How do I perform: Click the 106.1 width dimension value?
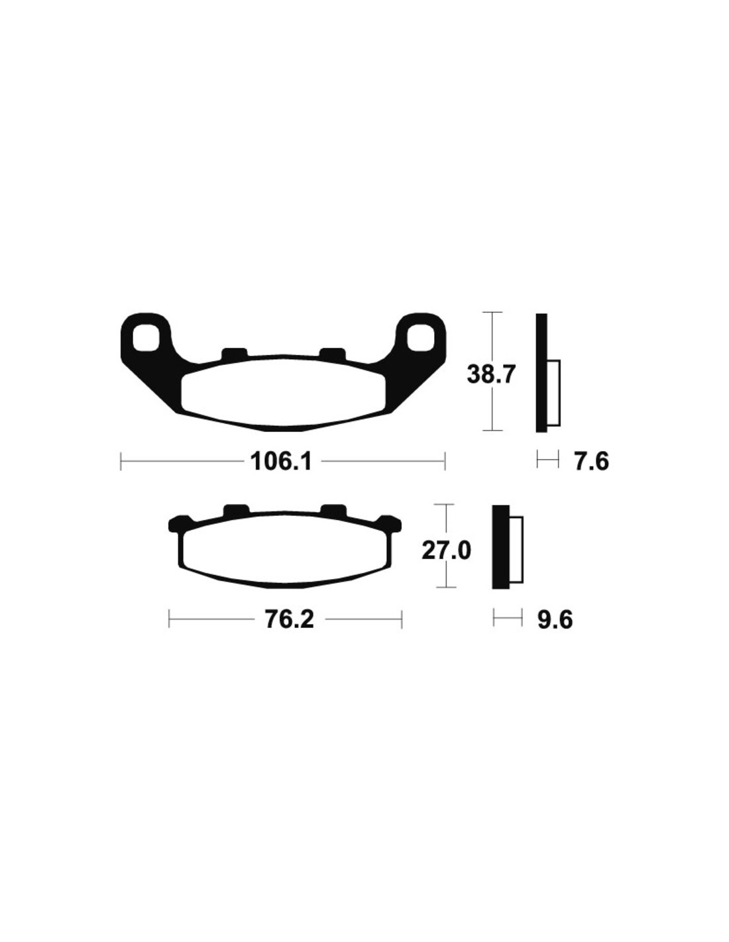[282, 462]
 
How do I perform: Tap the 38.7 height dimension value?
[490, 374]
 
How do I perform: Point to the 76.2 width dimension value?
[289, 620]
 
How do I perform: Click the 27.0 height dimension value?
[446, 552]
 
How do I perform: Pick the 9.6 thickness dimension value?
[555, 620]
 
